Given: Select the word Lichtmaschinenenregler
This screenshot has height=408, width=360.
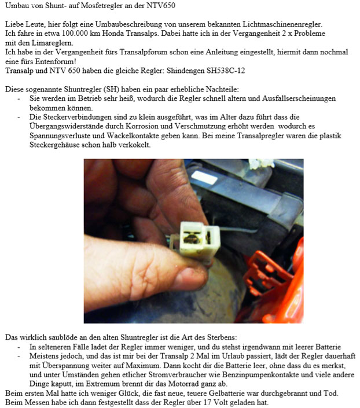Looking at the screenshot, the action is [282, 24].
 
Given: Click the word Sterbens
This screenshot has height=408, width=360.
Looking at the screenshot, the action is [222, 337].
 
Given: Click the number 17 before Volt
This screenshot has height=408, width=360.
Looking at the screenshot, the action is [207, 402].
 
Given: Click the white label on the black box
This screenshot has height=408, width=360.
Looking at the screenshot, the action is [204, 178].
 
